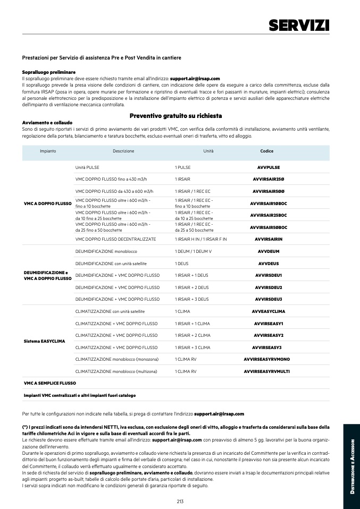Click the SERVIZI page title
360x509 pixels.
coord(299,25)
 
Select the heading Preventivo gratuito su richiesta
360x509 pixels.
coord(175,116)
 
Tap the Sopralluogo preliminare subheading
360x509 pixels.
coord(49,72)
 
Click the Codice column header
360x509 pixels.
coord(266,151)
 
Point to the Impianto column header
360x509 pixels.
coord(48,151)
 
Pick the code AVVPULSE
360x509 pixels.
coord(269,167)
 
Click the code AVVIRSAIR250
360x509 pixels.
coord(269,179)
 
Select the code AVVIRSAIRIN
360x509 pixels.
coord(269,239)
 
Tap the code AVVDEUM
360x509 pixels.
coord(269,251)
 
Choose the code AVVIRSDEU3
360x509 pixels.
coord(269,299)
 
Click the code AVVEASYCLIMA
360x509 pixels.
coord(269,311)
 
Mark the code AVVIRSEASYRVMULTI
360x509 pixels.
coord(266,371)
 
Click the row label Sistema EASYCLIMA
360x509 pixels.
coord(45,341)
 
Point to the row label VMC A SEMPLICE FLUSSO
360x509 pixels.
coord(50,383)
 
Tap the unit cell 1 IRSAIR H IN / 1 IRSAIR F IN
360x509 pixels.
coord(200,239)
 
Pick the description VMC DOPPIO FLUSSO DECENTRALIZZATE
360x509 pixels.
coord(115,239)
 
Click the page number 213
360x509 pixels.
coord(180,501)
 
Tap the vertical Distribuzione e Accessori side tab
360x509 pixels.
coord(351,468)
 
